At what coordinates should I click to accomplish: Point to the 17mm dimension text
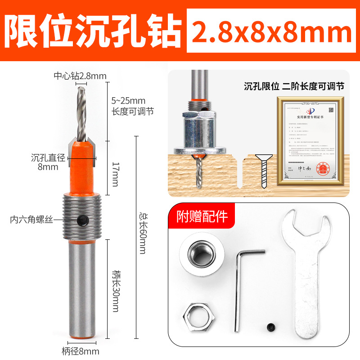pyautogui.click(x=115, y=169)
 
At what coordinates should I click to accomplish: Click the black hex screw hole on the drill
pyautogui.click(x=83, y=220)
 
